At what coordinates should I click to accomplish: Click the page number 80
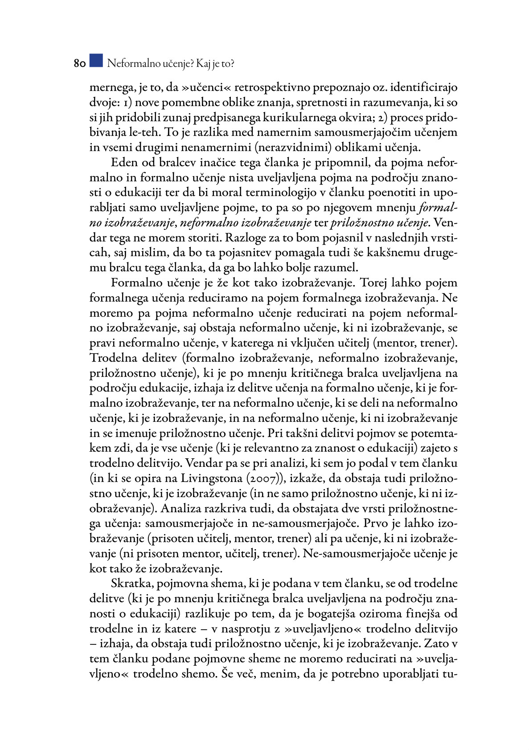pos(79,64)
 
